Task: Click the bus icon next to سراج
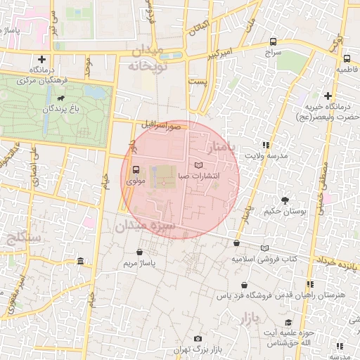(x=273, y=41)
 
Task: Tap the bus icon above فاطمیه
(x=347, y=58)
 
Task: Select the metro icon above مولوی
(x=135, y=169)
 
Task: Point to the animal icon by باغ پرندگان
(x=62, y=99)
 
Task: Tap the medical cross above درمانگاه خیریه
(x=328, y=96)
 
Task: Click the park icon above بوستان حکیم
(x=285, y=200)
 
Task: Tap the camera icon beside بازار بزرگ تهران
(x=197, y=339)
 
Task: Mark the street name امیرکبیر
(x=216, y=52)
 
